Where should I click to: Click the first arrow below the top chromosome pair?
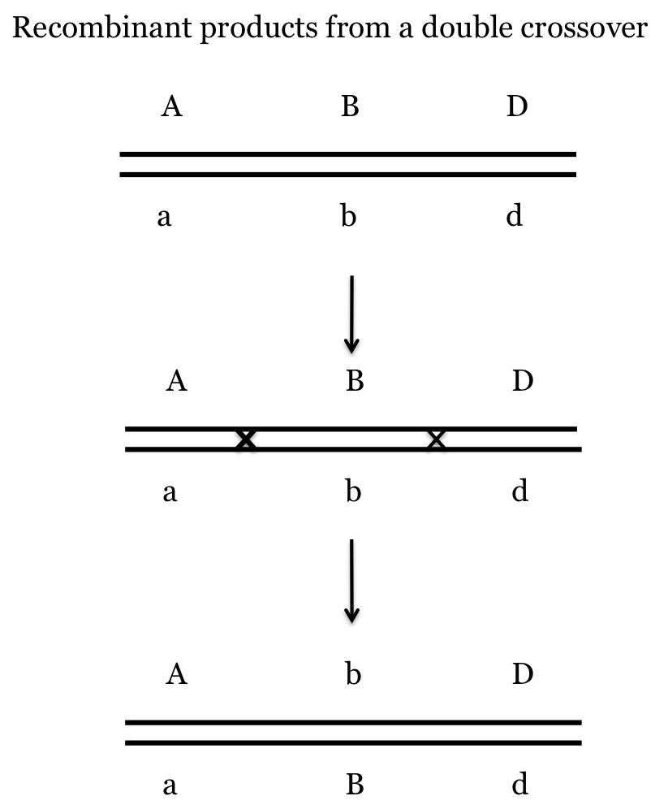(351, 314)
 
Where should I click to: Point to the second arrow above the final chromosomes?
(351, 582)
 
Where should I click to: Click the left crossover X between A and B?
(245, 439)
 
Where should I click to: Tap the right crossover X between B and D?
(437, 439)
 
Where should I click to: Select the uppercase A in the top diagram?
(170, 106)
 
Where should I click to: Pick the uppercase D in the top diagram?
(517, 106)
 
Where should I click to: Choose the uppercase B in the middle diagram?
(354, 380)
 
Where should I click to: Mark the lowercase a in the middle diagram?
(170, 492)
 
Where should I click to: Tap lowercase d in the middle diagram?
(520, 491)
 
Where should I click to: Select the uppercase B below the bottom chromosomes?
(354, 785)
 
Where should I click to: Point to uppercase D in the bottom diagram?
(523, 673)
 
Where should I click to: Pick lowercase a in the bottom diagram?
(170, 786)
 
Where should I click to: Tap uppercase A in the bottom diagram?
(176, 673)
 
